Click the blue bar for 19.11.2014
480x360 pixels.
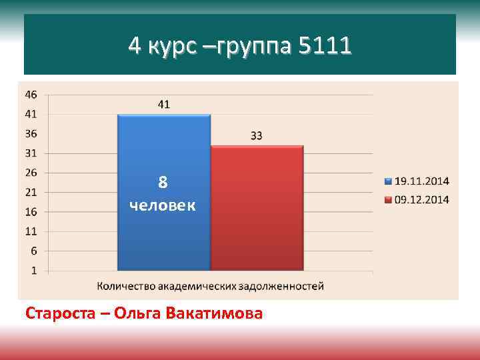pyautogui.click(x=163, y=240)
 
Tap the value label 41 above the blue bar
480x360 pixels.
pyautogui.click(x=163, y=104)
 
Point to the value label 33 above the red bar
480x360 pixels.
pyautogui.click(x=257, y=135)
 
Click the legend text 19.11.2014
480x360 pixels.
pyautogui.click(x=422, y=181)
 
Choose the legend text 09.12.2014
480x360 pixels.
pyautogui.click(x=422, y=199)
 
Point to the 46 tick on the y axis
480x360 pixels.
pyautogui.click(x=31, y=95)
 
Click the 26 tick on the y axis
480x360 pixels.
pyautogui.click(x=31, y=173)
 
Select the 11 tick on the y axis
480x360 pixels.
pyautogui.click(x=31, y=231)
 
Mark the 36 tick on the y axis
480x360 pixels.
pyautogui.click(x=31, y=133)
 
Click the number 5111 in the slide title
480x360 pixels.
pyautogui.click(x=325, y=47)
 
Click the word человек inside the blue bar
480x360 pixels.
pyautogui.click(x=163, y=205)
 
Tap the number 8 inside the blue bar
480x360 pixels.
pyautogui.click(x=163, y=182)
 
